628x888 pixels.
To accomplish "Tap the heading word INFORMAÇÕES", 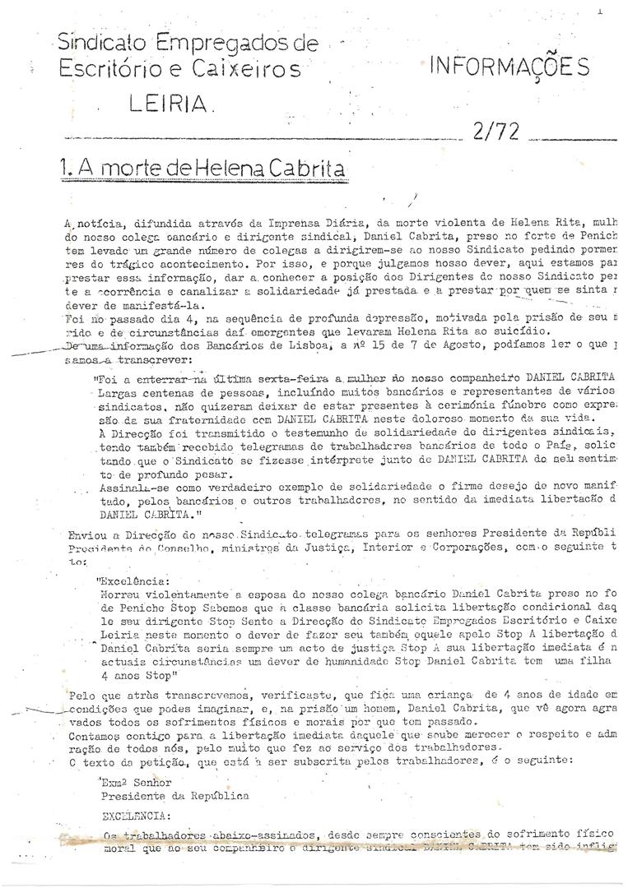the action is pos(508,69).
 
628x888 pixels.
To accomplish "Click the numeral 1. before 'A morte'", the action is pos(67,170).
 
